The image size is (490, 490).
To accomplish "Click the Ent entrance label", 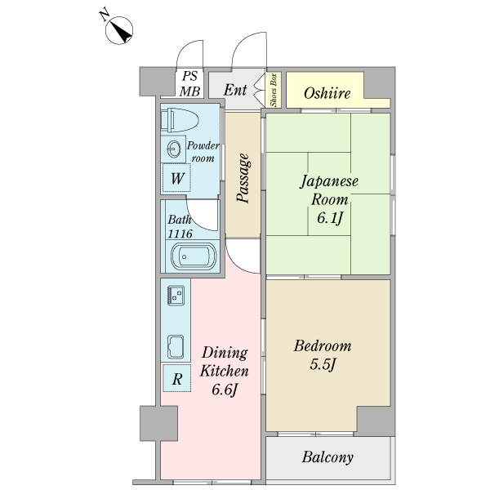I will pyautogui.click(x=235, y=89).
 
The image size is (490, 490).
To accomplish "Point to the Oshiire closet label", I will pyautogui.click(x=327, y=94).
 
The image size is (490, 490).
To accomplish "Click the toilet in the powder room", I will pyautogui.click(x=180, y=120).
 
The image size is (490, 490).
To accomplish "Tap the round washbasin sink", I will pyautogui.click(x=173, y=149).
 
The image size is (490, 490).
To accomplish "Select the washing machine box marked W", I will pyautogui.click(x=176, y=177).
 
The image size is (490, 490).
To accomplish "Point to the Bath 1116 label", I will pyautogui.click(x=180, y=226).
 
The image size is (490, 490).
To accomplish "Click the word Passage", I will pyautogui.click(x=243, y=176).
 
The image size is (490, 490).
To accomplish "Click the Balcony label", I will pyautogui.click(x=327, y=457).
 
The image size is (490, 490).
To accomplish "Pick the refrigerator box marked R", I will pyautogui.click(x=176, y=378).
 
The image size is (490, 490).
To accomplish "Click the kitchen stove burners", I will pyautogui.click(x=174, y=295).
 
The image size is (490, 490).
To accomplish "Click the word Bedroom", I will pyautogui.click(x=323, y=345).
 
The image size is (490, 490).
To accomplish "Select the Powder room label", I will pyautogui.click(x=202, y=151).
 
